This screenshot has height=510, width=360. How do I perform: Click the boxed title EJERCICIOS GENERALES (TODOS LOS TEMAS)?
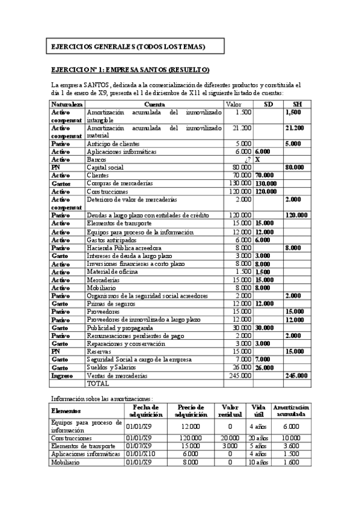point(128,46)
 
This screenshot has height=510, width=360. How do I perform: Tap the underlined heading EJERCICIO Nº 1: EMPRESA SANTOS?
point(130,70)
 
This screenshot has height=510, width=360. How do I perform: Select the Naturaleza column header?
point(67,104)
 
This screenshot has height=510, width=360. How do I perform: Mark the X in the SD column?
point(258,159)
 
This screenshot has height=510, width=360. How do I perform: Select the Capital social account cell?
point(105,167)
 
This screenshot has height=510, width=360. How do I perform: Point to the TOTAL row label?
point(99,382)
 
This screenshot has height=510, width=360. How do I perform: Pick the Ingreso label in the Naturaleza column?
point(63,375)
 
